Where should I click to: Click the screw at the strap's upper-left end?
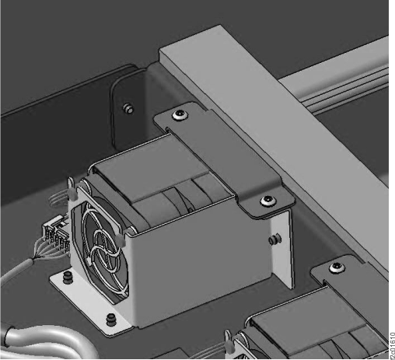point(180,115)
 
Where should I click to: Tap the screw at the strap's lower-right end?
point(267,201)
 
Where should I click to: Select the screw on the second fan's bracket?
point(336,267)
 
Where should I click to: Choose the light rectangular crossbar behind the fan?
point(272,117)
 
